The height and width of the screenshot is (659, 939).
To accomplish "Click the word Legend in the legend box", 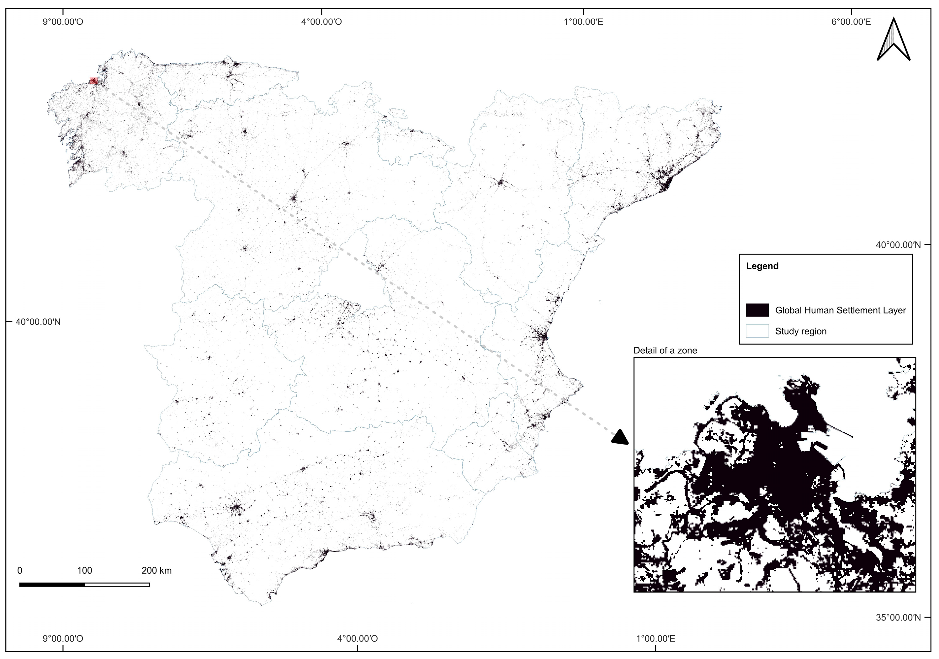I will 762,266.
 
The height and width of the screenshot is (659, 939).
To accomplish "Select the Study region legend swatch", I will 757,331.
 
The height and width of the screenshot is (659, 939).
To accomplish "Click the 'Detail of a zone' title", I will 665,351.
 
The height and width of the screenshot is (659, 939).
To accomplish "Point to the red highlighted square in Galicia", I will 94,81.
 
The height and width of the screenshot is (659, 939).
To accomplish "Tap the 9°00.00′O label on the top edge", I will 63,22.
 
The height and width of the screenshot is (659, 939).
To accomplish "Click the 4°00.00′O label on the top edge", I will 321,22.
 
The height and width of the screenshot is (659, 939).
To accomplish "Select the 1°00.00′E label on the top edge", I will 583,22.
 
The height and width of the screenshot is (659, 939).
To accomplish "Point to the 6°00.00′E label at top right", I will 851,22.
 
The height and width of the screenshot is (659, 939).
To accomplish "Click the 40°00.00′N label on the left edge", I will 38,322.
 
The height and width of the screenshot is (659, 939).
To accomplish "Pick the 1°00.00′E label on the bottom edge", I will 655,638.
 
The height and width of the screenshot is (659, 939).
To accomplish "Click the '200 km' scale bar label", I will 156,571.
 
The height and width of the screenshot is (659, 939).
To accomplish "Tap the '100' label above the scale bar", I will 85,571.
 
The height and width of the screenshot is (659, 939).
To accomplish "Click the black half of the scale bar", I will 52,585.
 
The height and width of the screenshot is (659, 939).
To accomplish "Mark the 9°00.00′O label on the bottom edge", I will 63,638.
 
